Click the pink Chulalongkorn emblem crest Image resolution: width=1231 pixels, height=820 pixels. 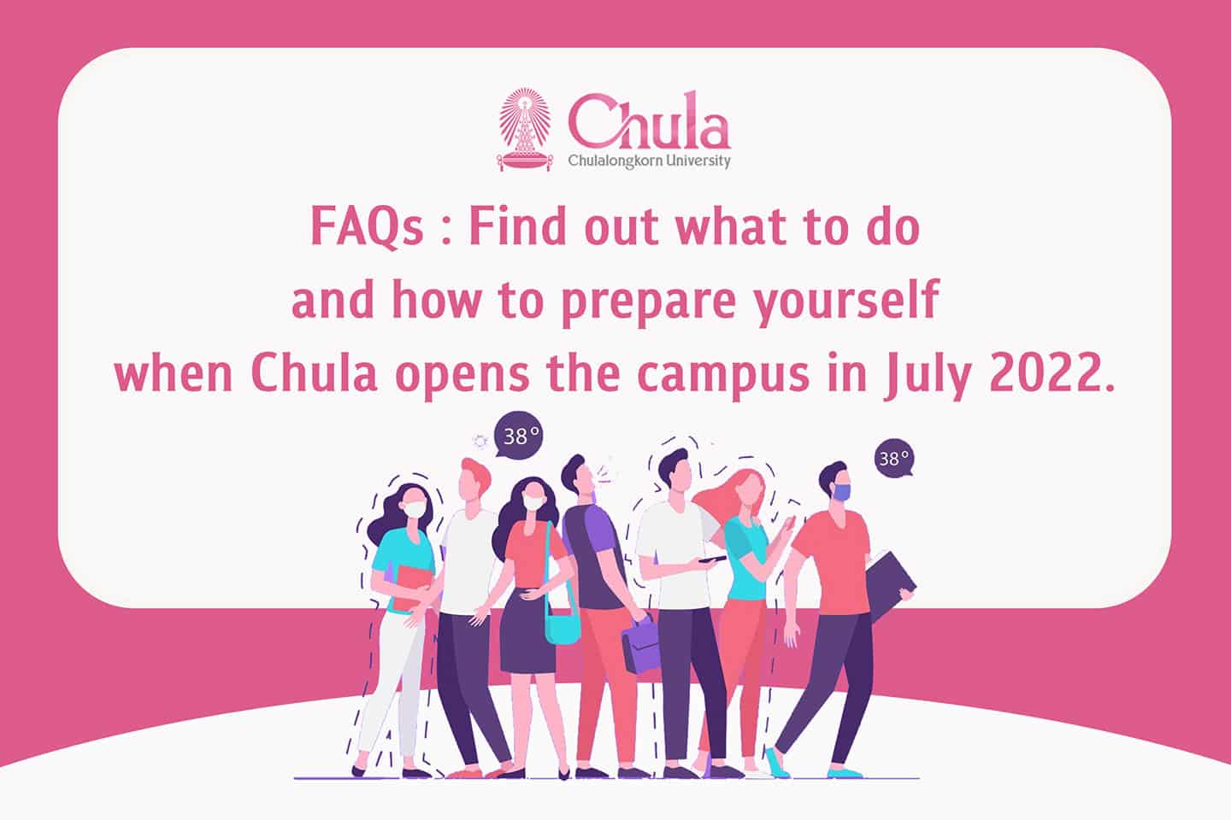click(x=525, y=130)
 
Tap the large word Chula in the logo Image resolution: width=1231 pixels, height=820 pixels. click(x=649, y=121)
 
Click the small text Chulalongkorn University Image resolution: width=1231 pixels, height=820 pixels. click(x=649, y=161)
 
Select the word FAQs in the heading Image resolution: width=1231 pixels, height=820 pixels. click(x=367, y=227)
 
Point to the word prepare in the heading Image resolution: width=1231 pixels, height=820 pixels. click(x=649, y=301)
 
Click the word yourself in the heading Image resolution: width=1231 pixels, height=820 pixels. click(x=845, y=299)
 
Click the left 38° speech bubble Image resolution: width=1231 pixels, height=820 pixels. click(x=519, y=436)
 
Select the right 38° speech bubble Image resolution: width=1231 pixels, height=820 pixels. click(x=894, y=458)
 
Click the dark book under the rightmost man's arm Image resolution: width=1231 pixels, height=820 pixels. click(x=888, y=585)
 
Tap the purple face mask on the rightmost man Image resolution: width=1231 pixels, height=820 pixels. click(x=841, y=491)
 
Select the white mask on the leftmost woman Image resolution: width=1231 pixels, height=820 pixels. click(x=415, y=510)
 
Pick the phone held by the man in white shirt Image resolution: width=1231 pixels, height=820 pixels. click(x=712, y=559)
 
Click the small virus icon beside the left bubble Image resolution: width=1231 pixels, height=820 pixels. click(x=480, y=441)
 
